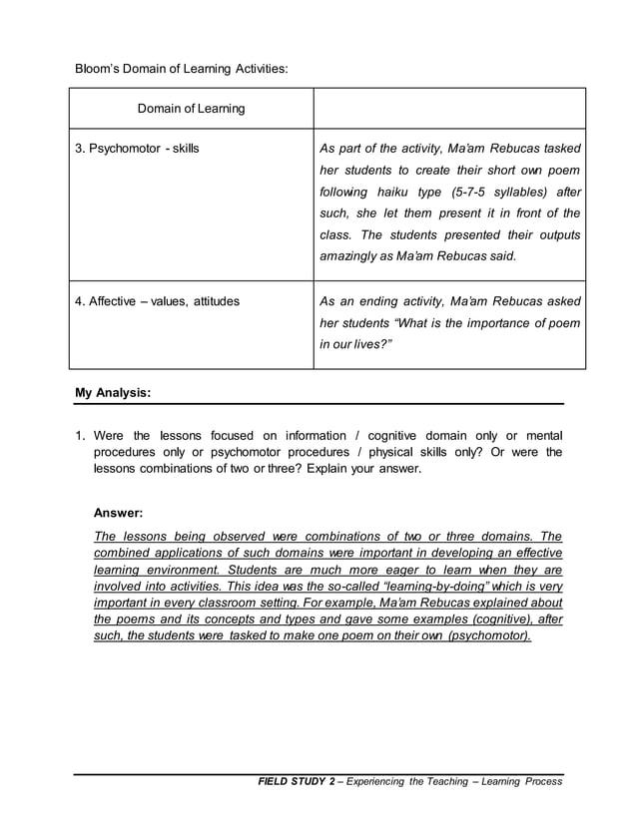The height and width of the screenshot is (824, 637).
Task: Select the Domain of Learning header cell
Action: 191,109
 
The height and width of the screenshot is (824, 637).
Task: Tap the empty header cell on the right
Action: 449,109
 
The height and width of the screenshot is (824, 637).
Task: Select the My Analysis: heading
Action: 113,393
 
